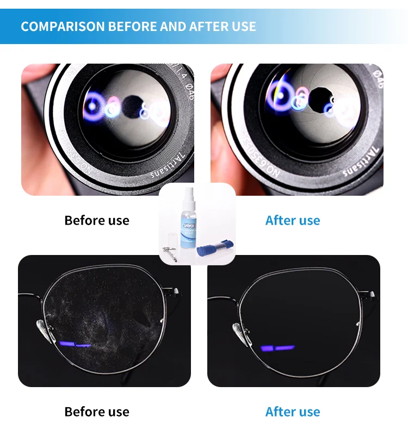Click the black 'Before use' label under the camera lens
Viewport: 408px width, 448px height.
(97, 220)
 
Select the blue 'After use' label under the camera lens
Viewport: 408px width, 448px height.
(293, 220)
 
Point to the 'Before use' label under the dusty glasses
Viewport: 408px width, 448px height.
(97, 412)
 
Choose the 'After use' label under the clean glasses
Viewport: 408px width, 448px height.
(293, 412)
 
